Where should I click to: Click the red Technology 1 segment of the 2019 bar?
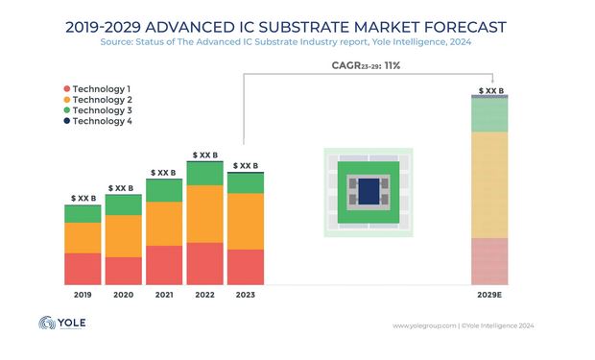click(83, 269)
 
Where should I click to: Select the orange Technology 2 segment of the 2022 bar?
click(204, 213)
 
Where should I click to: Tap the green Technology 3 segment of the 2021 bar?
click(163, 190)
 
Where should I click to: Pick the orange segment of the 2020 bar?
click(123, 236)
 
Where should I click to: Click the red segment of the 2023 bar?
click(245, 267)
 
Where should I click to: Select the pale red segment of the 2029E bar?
click(488, 261)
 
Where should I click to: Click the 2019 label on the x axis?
click(83, 296)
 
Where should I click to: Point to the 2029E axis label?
click(488, 296)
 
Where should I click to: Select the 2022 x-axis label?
click(204, 296)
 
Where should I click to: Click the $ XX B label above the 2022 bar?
click(204, 154)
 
